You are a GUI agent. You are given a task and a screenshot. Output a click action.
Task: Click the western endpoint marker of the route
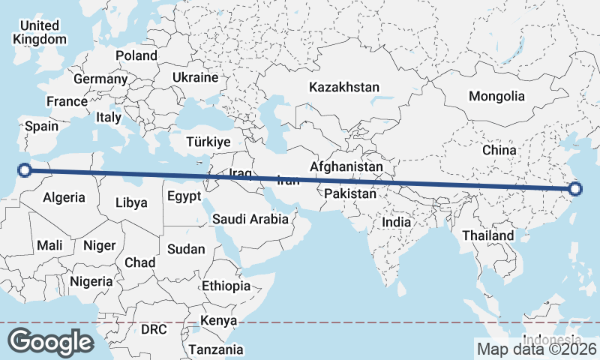(25, 170)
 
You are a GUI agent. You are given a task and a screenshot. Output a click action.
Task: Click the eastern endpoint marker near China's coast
(575, 190)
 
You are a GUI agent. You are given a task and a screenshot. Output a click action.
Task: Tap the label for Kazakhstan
(344, 87)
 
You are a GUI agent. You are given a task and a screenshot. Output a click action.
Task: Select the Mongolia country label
(496, 96)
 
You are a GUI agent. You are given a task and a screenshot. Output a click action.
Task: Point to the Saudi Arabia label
(250, 219)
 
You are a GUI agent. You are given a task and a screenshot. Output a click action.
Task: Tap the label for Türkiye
(208, 142)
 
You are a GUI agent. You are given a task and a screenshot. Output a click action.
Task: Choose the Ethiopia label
(226, 286)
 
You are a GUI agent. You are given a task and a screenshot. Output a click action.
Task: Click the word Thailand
(488, 235)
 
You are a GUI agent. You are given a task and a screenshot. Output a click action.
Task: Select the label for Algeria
(64, 198)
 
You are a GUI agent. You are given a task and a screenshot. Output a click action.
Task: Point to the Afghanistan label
(346, 166)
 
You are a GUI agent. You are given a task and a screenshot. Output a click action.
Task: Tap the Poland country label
(136, 55)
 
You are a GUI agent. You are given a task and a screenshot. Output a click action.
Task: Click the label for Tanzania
(216, 349)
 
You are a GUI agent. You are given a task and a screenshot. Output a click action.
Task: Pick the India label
(396, 222)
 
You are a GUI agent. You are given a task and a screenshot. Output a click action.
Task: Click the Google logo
(51, 342)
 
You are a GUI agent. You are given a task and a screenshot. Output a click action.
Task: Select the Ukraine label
(195, 77)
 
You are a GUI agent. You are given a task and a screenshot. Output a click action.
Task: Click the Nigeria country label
(91, 281)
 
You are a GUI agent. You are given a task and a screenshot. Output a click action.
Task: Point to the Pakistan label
(350, 193)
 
